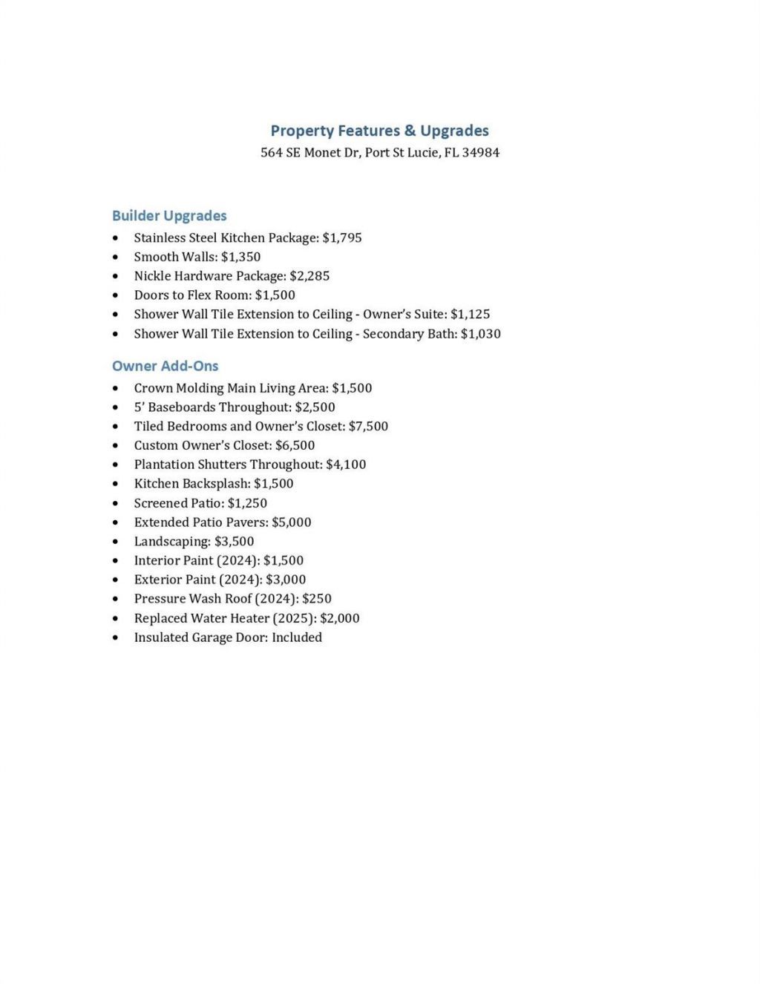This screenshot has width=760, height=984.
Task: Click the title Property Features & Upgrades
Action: tap(379, 131)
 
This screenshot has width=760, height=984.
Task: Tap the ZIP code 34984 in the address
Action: tap(480, 153)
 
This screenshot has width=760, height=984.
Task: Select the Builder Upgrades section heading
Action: tap(169, 216)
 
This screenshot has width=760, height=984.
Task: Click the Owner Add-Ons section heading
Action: tap(165, 366)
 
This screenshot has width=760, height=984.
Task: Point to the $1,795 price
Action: tap(342, 238)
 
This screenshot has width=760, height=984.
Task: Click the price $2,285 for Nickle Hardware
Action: tap(309, 276)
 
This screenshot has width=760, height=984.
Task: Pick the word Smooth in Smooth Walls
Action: tap(152, 257)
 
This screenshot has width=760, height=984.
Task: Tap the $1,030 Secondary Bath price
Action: tap(480, 334)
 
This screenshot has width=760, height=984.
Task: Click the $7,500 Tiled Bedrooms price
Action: tap(368, 427)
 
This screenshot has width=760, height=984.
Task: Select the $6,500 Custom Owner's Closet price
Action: tap(295, 445)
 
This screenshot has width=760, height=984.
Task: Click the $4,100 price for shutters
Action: tap(346, 465)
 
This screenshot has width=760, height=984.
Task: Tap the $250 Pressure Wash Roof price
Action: tap(317, 599)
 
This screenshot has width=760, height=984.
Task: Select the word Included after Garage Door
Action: tap(297, 637)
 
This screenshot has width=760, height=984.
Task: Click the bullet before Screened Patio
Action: tap(115, 503)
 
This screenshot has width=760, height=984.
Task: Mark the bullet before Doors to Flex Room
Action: tap(115, 295)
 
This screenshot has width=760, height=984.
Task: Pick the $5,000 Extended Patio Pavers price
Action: tap(292, 522)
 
